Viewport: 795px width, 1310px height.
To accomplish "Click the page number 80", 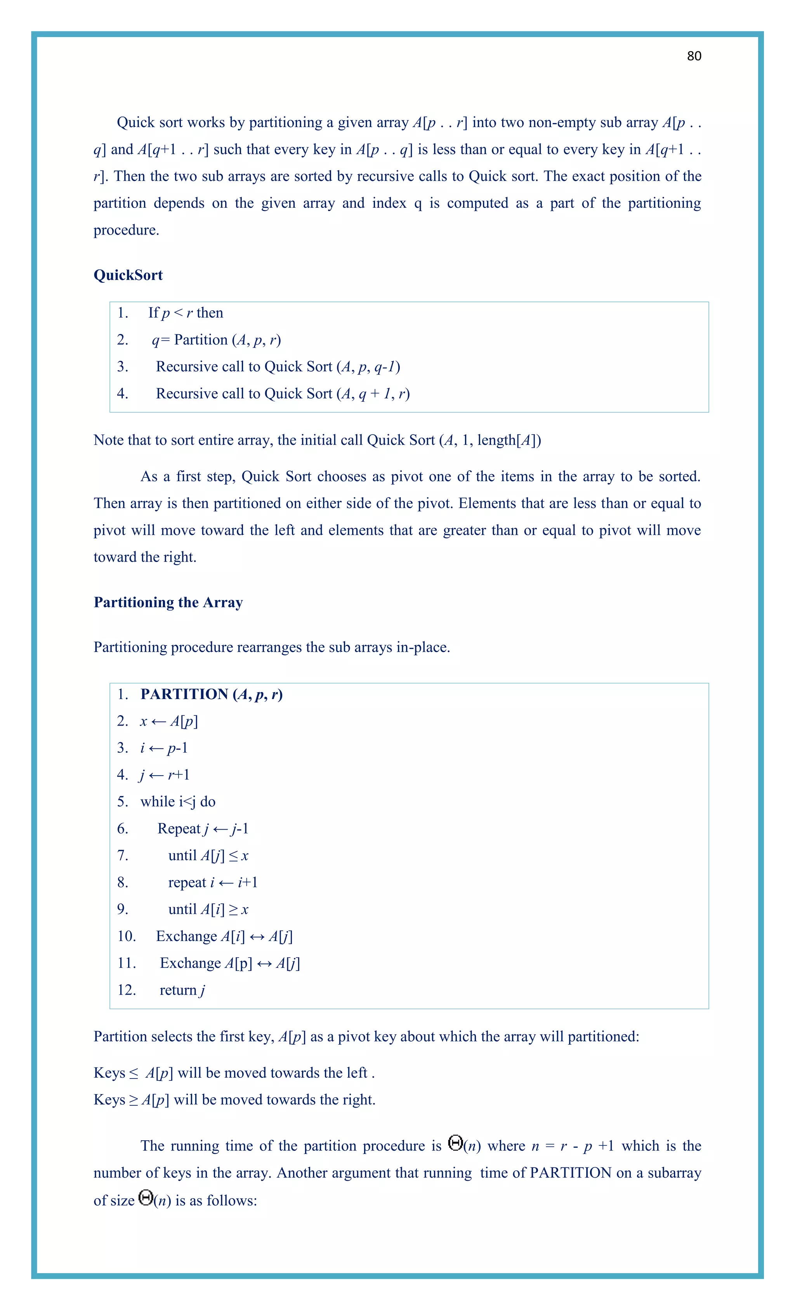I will tap(694, 56).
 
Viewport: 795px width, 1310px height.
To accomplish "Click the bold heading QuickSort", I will tap(128, 275).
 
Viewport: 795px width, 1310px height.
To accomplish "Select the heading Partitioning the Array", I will tap(168, 602).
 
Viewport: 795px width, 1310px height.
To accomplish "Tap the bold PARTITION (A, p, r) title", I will tap(212, 694).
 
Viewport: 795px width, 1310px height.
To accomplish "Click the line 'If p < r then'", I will tap(186, 313).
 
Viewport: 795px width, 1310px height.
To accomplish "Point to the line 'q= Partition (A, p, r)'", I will tap(216, 340).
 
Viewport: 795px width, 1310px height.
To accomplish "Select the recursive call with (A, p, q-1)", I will tap(278, 367).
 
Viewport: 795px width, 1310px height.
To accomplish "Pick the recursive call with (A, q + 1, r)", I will tap(283, 394).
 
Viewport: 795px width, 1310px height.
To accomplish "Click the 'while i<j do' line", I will tap(177, 802).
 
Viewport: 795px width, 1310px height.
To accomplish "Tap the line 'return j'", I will tap(182, 990).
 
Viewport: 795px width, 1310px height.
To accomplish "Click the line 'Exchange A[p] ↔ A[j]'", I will tap(229, 963).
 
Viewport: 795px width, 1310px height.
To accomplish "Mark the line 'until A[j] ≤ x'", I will tap(208, 856).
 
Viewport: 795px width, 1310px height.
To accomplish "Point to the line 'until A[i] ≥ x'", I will tap(208, 909).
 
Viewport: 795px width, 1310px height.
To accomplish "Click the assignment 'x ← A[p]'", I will tap(168, 722).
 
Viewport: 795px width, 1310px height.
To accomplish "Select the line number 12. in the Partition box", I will tap(127, 990).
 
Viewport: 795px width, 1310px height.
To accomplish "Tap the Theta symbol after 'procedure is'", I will tap(455, 1143).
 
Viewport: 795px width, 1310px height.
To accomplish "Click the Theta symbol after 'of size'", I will tap(146, 1197).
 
